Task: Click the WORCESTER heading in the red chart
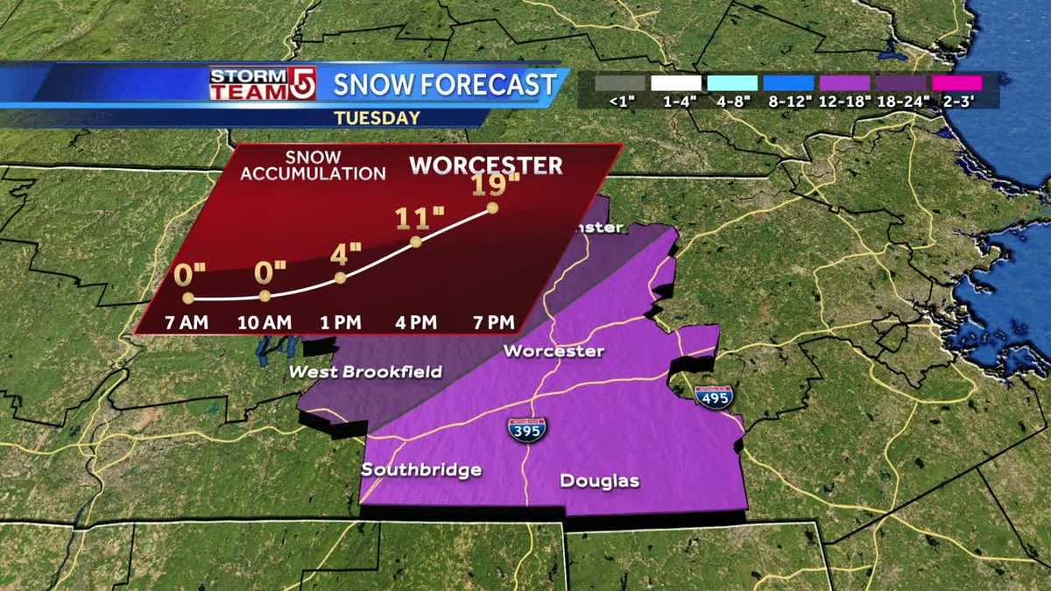coord(486,165)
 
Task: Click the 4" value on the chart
coord(346,255)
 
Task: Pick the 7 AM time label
coord(187,322)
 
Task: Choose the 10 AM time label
coord(264,322)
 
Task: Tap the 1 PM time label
coord(341,322)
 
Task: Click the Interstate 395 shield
coord(526,429)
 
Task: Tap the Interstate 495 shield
coord(713,396)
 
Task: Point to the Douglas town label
coord(600,481)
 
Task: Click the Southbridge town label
coord(421,470)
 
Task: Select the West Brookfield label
coord(365,372)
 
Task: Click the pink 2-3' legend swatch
coord(956,83)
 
